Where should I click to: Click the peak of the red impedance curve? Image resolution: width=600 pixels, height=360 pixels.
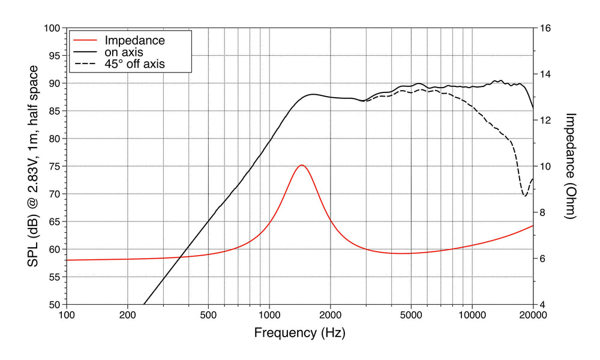point(302,165)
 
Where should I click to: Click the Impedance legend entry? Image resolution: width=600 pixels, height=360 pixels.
point(134,41)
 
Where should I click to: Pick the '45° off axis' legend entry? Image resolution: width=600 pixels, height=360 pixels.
point(134,63)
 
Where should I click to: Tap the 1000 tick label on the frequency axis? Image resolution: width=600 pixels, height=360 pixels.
point(269,315)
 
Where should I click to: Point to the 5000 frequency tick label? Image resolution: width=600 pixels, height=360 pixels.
point(411,315)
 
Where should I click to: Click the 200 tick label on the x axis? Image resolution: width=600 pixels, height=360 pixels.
point(127,315)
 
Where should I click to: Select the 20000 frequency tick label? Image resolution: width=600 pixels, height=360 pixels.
point(533,315)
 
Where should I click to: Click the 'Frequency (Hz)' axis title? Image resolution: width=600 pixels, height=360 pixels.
point(299,332)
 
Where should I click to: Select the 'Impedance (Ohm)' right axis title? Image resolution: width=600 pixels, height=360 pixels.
point(571,166)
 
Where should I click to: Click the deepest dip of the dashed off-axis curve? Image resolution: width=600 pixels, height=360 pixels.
point(525,196)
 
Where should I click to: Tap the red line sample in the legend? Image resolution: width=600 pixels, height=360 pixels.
point(85,41)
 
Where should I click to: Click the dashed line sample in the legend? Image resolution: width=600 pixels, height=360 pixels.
point(85,63)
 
